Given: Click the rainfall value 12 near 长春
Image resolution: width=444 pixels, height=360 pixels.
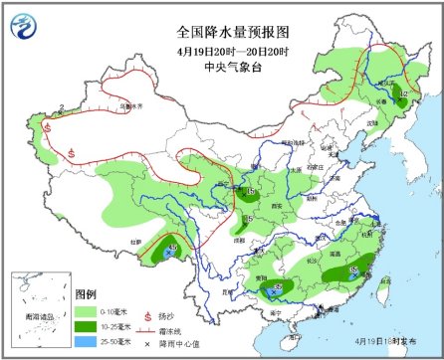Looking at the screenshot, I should pos(402,95).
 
